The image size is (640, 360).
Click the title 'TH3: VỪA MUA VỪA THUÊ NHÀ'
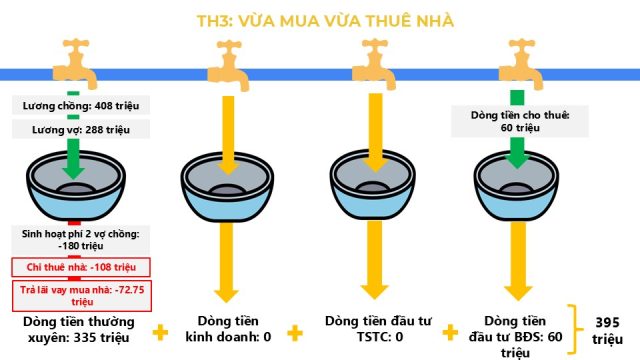tap(325, 21)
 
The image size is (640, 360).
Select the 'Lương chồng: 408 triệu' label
tap(81, 106)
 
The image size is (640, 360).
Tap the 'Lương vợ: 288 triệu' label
tap(81, 129)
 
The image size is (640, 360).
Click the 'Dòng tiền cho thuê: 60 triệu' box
tap(520, 121)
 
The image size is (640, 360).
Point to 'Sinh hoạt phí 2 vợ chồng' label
tap(80, 240)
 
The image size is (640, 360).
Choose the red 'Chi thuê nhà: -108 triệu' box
tap(81, 267)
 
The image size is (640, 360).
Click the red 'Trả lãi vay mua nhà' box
tap(82, 296)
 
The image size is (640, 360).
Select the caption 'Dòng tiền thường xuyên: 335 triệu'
tap(79, 329)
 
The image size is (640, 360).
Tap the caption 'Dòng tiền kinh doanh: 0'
tap(228, 329)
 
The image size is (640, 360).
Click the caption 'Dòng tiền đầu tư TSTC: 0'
tap(378, 329)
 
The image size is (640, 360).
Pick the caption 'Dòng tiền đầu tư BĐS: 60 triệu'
tap(516, 336)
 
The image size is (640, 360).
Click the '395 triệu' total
tap(607, 331)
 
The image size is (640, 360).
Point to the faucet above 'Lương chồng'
tap(75, 63)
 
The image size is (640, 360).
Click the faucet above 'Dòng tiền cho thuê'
tap(521, 64)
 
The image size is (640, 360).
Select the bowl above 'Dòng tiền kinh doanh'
tap(227, 187)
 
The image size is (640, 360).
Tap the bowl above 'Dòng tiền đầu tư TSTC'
tap(373, 186)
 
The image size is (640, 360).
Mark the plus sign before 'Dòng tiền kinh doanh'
tap(160, 332)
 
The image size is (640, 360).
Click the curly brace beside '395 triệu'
tap(575, 329)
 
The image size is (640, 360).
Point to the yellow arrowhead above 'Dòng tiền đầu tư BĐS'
tap(518, 293)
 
